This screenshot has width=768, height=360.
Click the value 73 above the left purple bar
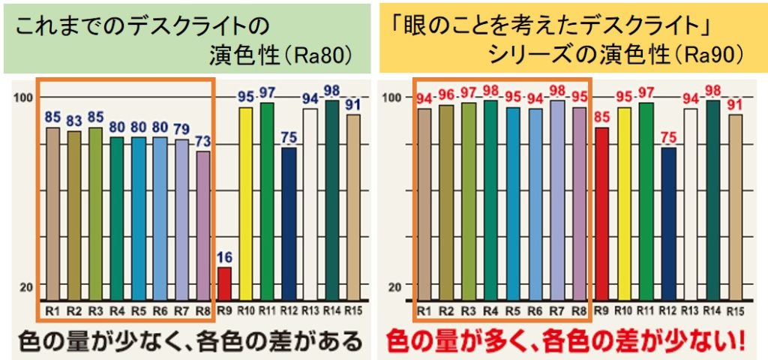[x=203, y=141]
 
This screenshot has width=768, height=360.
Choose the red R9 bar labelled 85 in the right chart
[x=601, y=214]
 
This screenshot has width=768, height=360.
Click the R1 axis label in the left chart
[x=52, y=310]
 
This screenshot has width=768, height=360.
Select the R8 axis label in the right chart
[x=579, y=310]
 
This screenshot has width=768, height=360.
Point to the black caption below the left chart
[x=191, y=341]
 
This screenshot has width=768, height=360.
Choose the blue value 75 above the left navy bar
[x=289, y=137]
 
